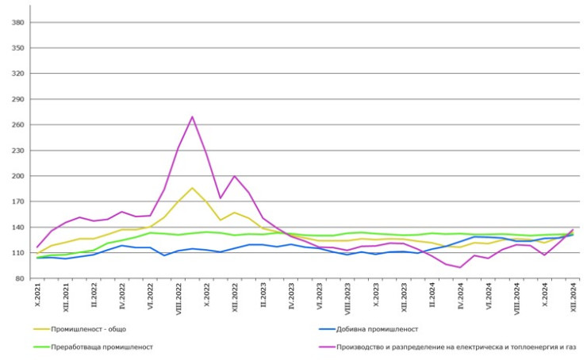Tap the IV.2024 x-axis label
(460, 297)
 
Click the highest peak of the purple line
(192, 117)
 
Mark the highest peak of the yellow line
(192, 188)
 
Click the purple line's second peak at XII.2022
(234, 176)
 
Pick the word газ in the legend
(569, 347)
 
